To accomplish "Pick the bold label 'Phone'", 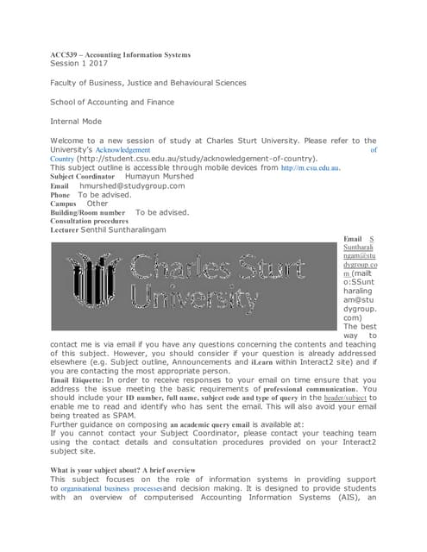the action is click(61, 195).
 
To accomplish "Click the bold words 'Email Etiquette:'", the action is click(77, 380).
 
